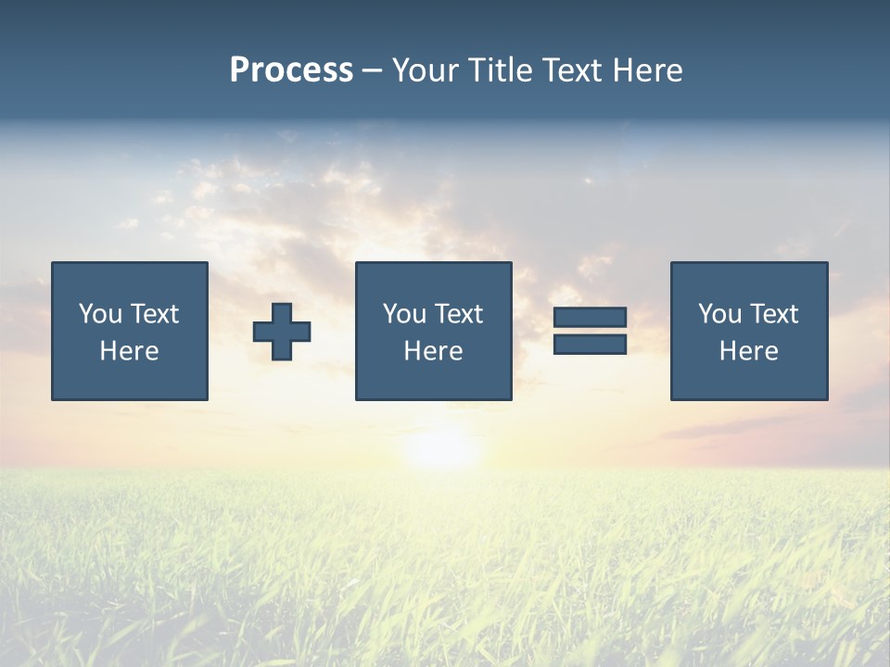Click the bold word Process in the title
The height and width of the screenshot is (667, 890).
291,70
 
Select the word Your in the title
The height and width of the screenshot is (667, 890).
424,70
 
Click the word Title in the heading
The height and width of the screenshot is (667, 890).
498,70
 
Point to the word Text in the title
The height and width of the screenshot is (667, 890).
572,70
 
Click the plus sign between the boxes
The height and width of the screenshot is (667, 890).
282,332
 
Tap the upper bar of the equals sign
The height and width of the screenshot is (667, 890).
590,317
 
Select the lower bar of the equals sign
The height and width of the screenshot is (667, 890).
590,344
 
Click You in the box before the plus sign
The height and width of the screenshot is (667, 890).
100,314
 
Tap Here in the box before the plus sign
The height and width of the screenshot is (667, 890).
129,351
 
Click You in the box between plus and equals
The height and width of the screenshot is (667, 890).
404,314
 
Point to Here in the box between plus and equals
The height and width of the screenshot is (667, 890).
433,351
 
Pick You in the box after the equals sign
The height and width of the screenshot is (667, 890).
719,314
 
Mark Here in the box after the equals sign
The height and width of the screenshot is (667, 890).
748,351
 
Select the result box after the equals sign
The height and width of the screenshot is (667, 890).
749,380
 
